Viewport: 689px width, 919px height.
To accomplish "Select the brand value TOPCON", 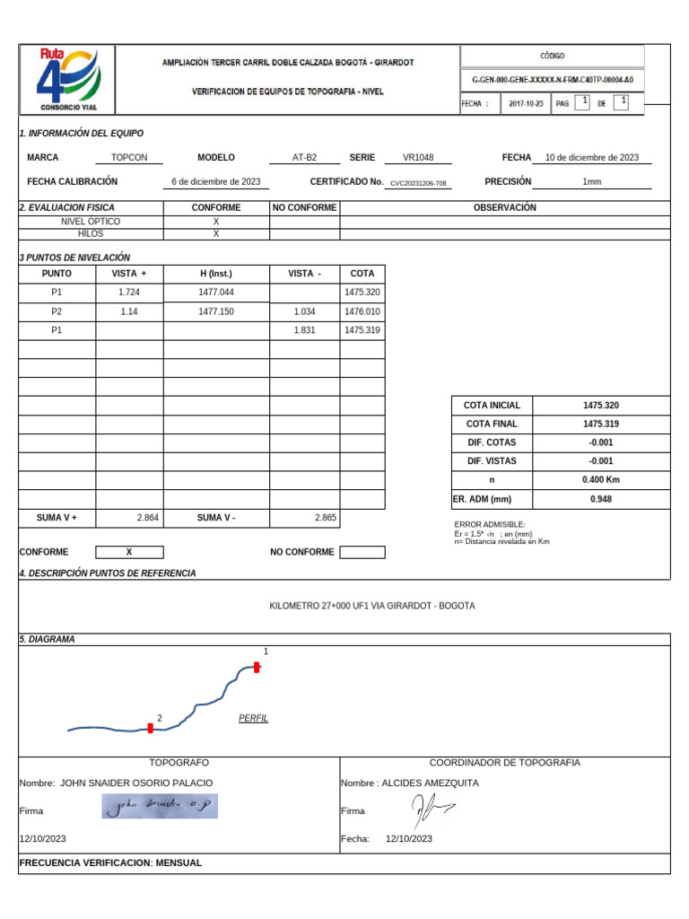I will click(129, 157).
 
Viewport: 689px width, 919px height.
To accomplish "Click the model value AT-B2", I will click(304, 157).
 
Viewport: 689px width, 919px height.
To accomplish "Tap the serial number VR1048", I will click(418, 157).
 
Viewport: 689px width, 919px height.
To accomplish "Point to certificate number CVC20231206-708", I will click(418, 183).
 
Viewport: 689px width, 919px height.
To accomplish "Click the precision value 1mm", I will click(591, 181).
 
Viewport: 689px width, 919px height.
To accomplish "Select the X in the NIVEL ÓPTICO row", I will click(216, 221).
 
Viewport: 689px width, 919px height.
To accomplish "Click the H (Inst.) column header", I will click(216, 273).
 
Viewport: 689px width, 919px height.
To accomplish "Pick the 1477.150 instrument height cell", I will click(216, 311).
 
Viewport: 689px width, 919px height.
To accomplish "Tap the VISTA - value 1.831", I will click(305, 330).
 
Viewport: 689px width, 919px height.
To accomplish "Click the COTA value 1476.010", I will click(362, 311).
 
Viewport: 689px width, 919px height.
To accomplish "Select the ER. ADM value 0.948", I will click(600, 499).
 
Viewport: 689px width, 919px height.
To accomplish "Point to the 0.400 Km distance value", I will click(600, 480).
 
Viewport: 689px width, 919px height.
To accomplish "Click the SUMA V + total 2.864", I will click(147, 518).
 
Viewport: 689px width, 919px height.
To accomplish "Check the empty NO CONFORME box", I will click(362, 552).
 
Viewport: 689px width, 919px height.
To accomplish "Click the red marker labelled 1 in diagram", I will click(257, 667).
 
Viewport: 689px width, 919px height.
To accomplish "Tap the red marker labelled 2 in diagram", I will click(151, 729).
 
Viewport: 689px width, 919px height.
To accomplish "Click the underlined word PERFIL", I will click(253, 719).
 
